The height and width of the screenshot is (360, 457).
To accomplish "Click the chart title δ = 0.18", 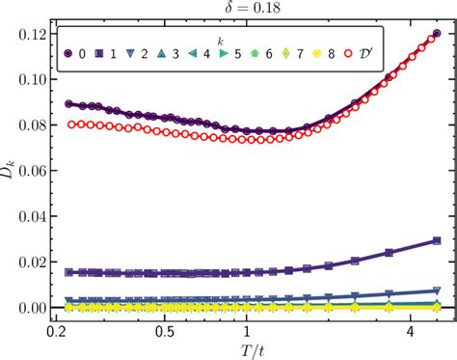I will coord(251,9).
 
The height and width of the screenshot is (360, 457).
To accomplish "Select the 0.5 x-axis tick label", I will coord(166,329).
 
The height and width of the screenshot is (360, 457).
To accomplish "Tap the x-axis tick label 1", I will coord(248,329).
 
